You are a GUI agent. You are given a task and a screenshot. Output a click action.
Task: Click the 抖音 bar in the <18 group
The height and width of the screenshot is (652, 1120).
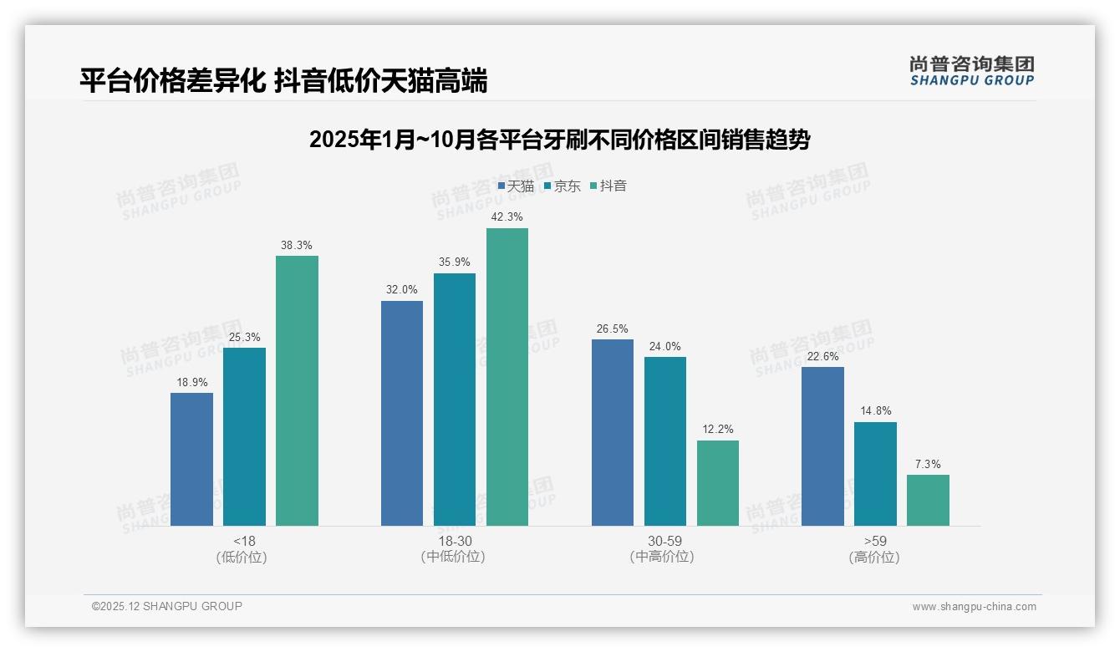point(297,390)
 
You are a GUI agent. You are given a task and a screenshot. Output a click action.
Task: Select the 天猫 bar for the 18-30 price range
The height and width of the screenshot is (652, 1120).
point(402,413)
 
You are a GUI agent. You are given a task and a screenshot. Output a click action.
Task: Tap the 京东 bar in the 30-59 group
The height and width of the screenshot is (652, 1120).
point(665,441)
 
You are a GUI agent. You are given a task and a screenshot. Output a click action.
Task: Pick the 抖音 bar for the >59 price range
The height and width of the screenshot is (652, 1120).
point(928,500)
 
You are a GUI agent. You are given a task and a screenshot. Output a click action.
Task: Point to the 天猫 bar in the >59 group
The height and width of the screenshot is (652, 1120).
point(822,446)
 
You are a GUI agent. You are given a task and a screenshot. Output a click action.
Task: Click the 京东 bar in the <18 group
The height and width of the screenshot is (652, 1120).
point(244,436)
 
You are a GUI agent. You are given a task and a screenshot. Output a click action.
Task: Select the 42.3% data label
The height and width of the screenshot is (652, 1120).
point(507,217)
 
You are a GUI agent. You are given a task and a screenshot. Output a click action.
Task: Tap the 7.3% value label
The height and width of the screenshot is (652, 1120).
point(928,464)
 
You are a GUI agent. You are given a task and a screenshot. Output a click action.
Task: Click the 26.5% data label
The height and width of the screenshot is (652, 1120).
point(613,329)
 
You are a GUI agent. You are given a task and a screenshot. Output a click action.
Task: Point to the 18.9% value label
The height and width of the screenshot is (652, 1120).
point(191,383)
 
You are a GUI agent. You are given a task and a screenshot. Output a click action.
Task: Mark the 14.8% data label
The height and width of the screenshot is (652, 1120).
point(875,411)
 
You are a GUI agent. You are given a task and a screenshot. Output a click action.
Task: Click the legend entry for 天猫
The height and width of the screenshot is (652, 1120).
point(516,186)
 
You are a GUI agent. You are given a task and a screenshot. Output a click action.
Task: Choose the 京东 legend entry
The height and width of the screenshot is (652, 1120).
point(563,186)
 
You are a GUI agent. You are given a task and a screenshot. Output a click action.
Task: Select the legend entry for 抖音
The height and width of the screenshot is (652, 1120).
point(608,186)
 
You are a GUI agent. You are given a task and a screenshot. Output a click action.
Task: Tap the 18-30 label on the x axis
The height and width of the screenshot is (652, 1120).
point(454,541)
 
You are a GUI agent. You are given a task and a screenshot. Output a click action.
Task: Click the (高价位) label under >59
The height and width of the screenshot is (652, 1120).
point(874,557)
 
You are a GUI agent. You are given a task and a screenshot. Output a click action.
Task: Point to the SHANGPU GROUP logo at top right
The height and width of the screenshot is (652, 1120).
point(972,71)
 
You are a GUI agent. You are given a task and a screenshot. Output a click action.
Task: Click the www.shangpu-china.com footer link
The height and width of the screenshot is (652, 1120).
point(974,607)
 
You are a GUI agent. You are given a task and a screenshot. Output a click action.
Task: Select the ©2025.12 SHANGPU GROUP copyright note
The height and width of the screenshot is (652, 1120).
point(167,606)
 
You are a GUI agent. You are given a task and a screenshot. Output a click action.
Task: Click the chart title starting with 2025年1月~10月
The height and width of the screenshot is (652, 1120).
point(559,140)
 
